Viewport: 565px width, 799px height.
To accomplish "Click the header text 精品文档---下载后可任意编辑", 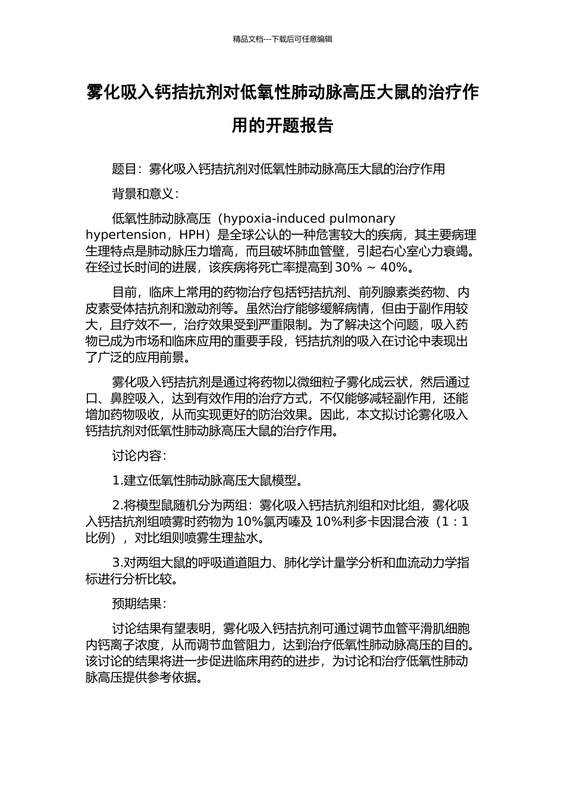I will point(282,39).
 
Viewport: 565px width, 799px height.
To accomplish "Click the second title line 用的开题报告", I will point(282,125).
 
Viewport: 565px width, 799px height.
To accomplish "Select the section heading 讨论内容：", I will point(139,456).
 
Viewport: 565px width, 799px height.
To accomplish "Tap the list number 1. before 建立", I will point(117,481).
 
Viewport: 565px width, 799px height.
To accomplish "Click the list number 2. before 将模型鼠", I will point(117,506).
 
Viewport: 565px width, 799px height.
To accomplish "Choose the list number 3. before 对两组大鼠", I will point(117,563).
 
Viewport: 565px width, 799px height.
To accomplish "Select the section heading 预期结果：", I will point(139,604).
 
